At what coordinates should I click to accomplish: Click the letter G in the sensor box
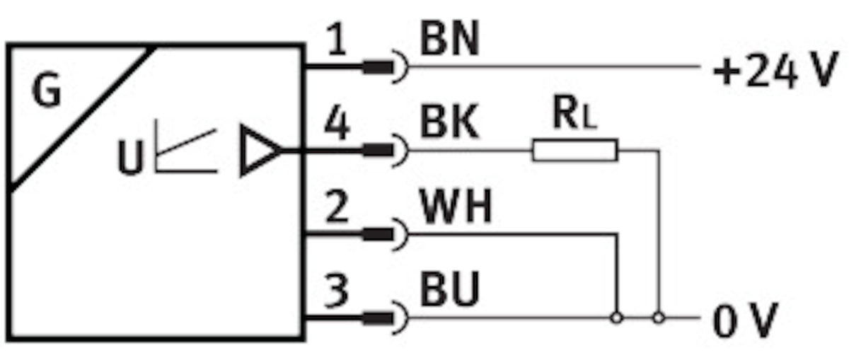47,92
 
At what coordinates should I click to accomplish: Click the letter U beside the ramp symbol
130,158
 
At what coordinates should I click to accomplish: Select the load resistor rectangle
574,150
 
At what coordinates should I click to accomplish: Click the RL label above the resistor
574,116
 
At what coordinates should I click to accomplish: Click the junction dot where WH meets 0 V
617,318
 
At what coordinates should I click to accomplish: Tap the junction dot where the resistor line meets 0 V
659,318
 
